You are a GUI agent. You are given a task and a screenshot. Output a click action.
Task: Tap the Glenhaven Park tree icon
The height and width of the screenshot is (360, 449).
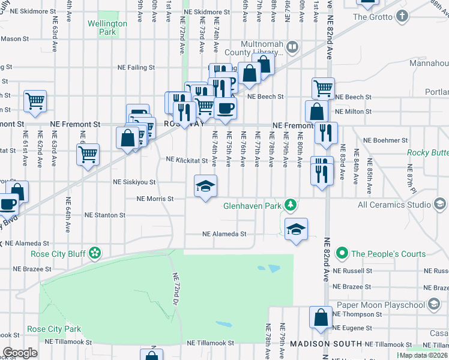[291, 205]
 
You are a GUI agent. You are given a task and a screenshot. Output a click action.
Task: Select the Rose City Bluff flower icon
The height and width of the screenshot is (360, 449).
[95, 253]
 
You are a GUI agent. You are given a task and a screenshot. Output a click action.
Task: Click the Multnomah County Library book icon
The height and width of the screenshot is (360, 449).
[292, 46]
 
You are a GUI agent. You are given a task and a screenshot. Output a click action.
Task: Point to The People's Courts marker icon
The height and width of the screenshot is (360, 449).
[342, 253]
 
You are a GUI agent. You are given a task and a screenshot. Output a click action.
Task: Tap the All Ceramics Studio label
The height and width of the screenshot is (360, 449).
[395, 205]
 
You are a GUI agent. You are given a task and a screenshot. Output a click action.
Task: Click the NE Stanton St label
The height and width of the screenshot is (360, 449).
[104, 214]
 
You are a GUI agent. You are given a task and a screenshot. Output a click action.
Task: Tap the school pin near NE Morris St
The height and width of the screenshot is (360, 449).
[205, 186]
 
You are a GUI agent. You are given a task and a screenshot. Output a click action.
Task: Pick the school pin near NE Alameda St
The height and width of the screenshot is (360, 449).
[296, 229]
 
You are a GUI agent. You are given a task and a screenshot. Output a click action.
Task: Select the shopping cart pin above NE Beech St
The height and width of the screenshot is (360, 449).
[323, 88]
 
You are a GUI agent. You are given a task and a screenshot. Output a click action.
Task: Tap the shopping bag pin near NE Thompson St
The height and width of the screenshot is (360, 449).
[321, 316]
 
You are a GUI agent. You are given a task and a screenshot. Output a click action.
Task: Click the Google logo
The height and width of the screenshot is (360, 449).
[20, 353]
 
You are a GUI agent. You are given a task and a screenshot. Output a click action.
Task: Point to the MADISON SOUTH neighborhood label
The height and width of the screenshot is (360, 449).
[326, 344]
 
